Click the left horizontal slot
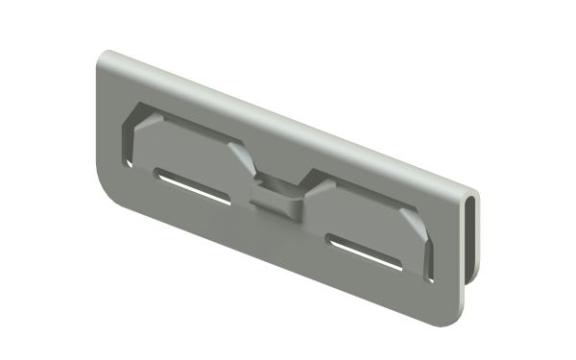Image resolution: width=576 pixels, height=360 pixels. [x=192, y=189]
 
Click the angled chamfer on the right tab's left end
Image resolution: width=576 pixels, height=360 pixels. [x=310, y=188]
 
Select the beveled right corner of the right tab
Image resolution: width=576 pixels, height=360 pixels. [x=415, y=227]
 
